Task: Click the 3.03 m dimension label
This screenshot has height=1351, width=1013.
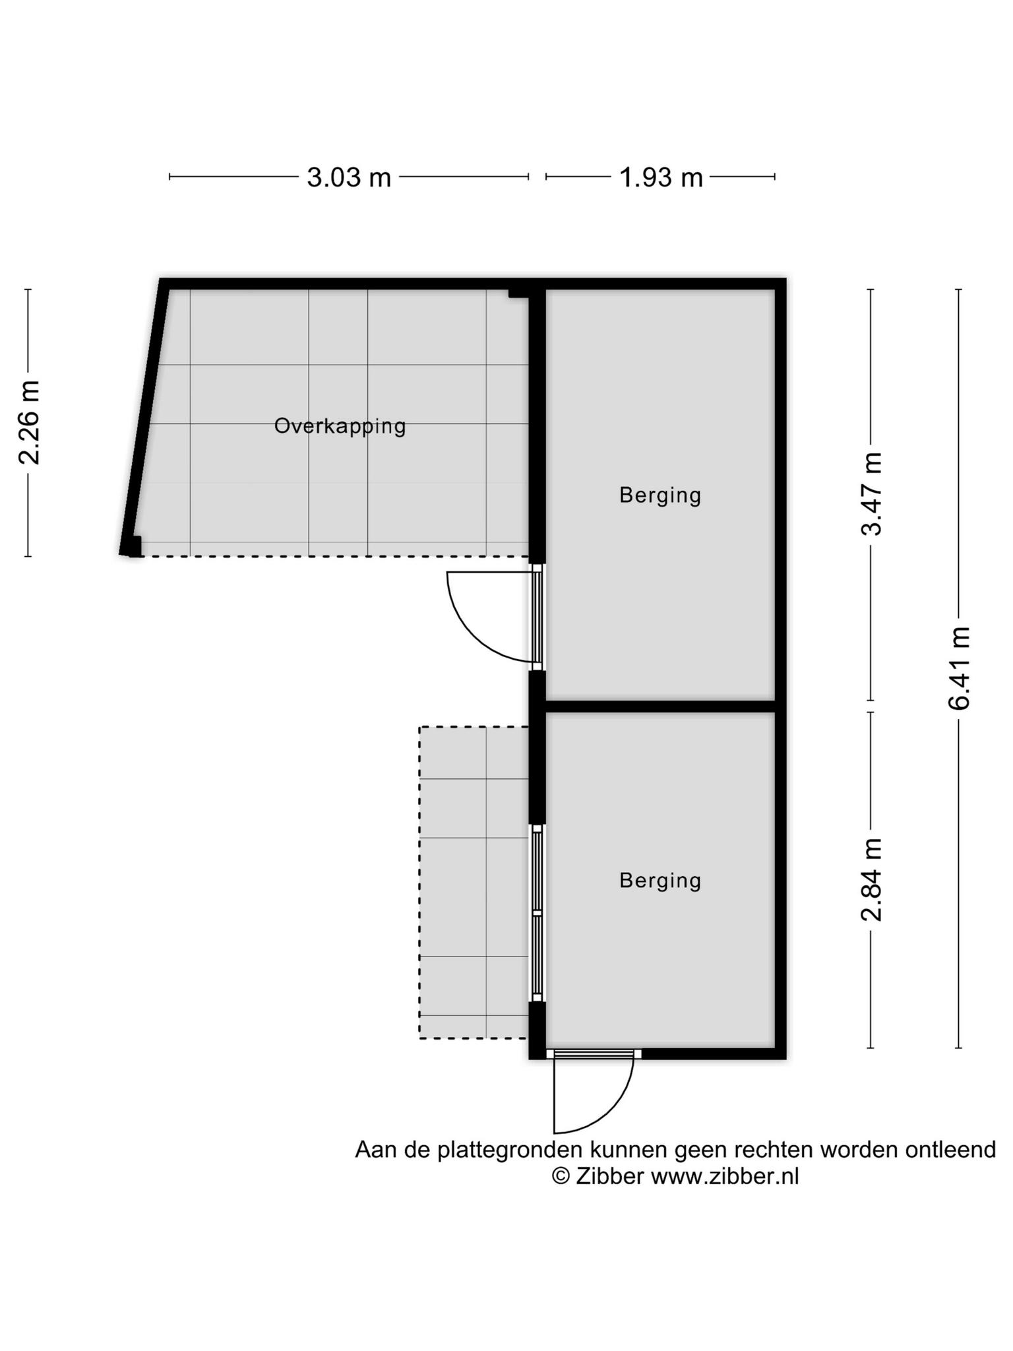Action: tap(349, 177)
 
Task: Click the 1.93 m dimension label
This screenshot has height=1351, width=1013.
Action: tap(661, 177)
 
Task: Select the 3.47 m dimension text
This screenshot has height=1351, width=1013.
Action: tap(873, 494)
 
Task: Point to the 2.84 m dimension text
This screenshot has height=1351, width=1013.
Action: tap(873, 879)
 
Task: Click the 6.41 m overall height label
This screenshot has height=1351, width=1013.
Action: tap(960, 668)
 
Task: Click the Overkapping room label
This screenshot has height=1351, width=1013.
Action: tap(340, 426)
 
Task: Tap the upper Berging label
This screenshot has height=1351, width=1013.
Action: tap(660, 495)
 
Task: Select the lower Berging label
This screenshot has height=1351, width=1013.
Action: tap(660, 880)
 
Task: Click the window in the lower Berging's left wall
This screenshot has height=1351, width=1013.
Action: tap(537, 913)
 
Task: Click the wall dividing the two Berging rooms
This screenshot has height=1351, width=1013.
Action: tap(660, 707)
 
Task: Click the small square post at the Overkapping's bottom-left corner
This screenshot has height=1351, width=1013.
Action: tap(135, 547)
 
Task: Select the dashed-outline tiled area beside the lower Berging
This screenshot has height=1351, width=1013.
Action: tap(474, 883)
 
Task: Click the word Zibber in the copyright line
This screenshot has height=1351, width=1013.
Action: tap(609, 1176)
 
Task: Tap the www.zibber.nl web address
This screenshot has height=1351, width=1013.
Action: tap(725, 1176)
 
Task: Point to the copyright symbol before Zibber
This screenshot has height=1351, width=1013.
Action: tap(561, 1176)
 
